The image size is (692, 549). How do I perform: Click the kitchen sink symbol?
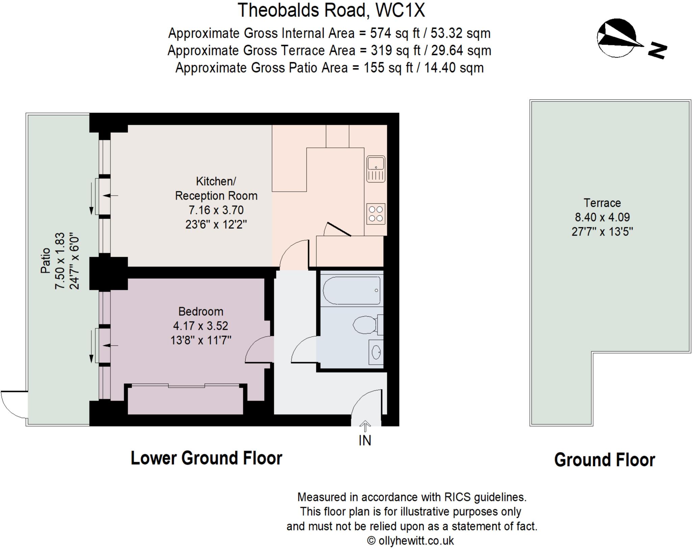(x=376, y=168)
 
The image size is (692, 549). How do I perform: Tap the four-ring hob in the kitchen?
(x=376, y=214)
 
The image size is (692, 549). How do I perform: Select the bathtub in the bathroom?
(x=352, y=290)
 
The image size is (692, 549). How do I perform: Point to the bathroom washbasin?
(x=376, y=352)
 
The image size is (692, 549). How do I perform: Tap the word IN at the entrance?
(x=365, y=441)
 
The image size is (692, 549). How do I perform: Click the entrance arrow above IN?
(x=365, y=426)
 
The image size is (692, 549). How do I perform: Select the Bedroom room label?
(x=201, y=311)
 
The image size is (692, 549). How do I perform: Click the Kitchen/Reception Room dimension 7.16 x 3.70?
(x=216, y=210)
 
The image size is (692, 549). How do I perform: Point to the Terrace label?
(x=602, y=203)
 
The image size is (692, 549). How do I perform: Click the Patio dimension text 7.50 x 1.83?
(x=60, y=261)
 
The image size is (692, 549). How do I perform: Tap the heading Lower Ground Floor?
(x=206, y=458)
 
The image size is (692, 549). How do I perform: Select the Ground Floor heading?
(x=604, y=460)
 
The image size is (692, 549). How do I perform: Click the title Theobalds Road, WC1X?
(x=331, y=10)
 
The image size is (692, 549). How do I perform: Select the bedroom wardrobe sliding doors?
(x=185, y=386)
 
